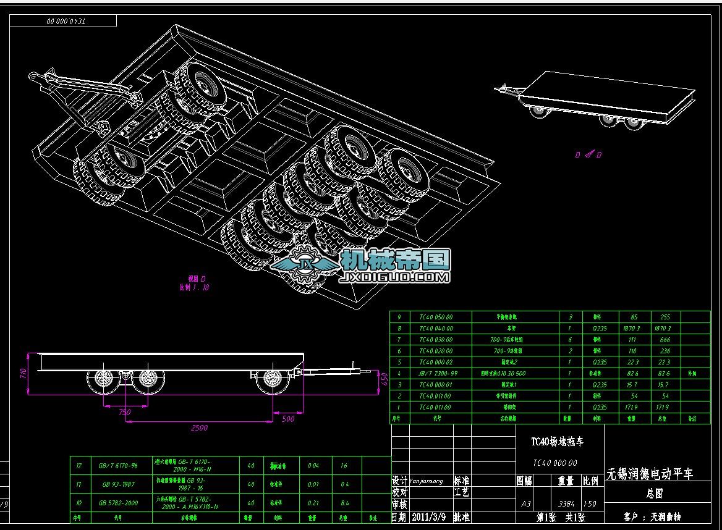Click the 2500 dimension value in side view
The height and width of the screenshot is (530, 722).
[199, 427]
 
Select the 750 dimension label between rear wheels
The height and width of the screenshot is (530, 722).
[125, 411]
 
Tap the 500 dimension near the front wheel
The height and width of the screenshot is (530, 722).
[287, 419]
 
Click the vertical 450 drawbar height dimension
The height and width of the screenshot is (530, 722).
[383, 377]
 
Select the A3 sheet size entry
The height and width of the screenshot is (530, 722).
[525, 504]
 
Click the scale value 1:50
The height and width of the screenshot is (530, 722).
[590, 504]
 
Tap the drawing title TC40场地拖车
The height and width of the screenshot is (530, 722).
[558, 442]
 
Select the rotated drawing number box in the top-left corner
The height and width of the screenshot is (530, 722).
[64, 21]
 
